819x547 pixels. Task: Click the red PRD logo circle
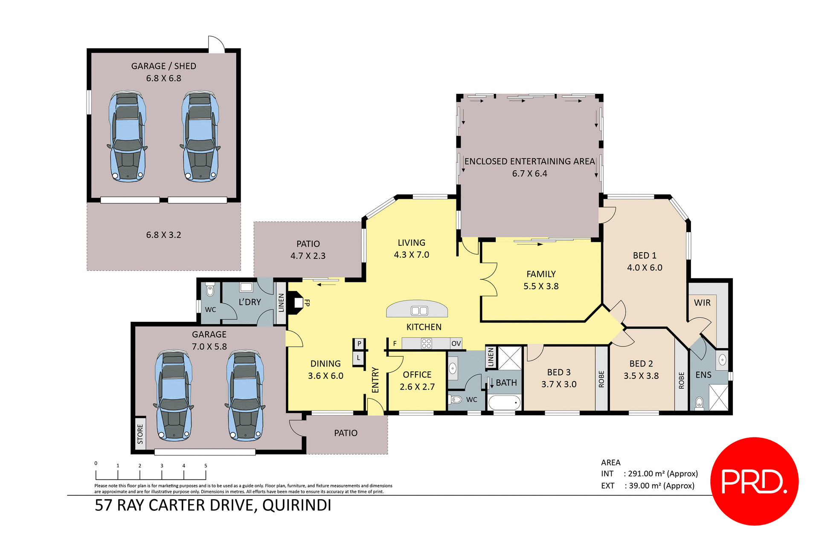754,481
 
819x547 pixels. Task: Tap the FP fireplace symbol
296,303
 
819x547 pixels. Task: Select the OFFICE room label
417,375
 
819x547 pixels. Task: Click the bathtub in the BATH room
504,402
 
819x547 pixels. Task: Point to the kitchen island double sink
419,311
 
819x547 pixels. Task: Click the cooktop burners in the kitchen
426,343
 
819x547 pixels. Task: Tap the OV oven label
456,343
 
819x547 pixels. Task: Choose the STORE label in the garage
140,434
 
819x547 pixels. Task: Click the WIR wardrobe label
702,303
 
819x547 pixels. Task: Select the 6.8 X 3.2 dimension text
163,235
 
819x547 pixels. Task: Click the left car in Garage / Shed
127,137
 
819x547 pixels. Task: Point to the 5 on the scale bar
206,466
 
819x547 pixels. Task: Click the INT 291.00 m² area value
662,474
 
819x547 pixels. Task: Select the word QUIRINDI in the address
296,505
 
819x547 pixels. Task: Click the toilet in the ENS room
699,402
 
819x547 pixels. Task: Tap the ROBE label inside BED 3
601,379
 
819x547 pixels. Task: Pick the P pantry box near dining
359,343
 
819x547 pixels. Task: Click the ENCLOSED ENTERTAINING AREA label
529,161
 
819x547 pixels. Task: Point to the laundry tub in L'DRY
246,287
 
